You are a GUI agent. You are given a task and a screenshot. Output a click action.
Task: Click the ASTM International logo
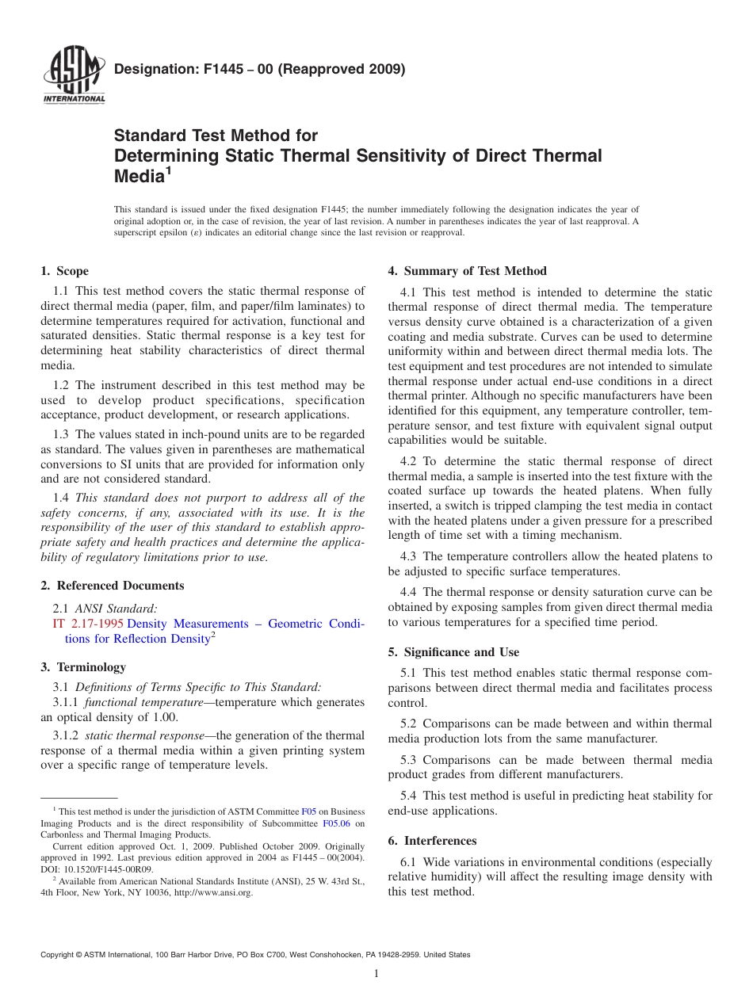(x=74, y=77)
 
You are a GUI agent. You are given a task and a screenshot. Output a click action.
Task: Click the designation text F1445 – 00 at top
(x=259, y=69)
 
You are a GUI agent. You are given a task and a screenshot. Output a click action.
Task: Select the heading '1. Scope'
(x=64, y=271)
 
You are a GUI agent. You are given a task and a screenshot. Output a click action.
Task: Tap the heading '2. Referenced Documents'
(x=112, y=586)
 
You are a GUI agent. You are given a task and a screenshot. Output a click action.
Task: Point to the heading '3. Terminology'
(x=82, y=666)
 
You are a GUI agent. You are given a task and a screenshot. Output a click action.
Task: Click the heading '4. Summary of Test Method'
(x=467, y=271)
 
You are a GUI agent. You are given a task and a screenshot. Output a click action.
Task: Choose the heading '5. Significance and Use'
(x=453, y=652)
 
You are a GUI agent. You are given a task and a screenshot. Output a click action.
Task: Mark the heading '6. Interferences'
(x=432, y=841)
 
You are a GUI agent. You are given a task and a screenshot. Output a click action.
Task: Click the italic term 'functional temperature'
(x=146, y=702)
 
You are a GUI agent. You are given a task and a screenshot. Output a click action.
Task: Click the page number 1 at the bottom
(x=376, y=974)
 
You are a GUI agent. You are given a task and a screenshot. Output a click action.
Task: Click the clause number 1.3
(x=62, y=433)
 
